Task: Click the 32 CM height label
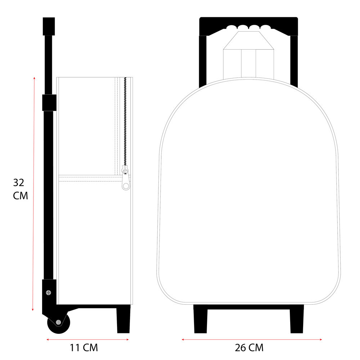click(20, 189)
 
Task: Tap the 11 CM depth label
click(84, 348)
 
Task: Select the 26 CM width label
click(249, 348)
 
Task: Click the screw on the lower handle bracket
click(49, 292)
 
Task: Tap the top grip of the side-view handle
click(49, 26)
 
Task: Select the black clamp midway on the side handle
click(49, 103)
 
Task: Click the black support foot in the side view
click(123, 319)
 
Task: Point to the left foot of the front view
click(201, 319)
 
